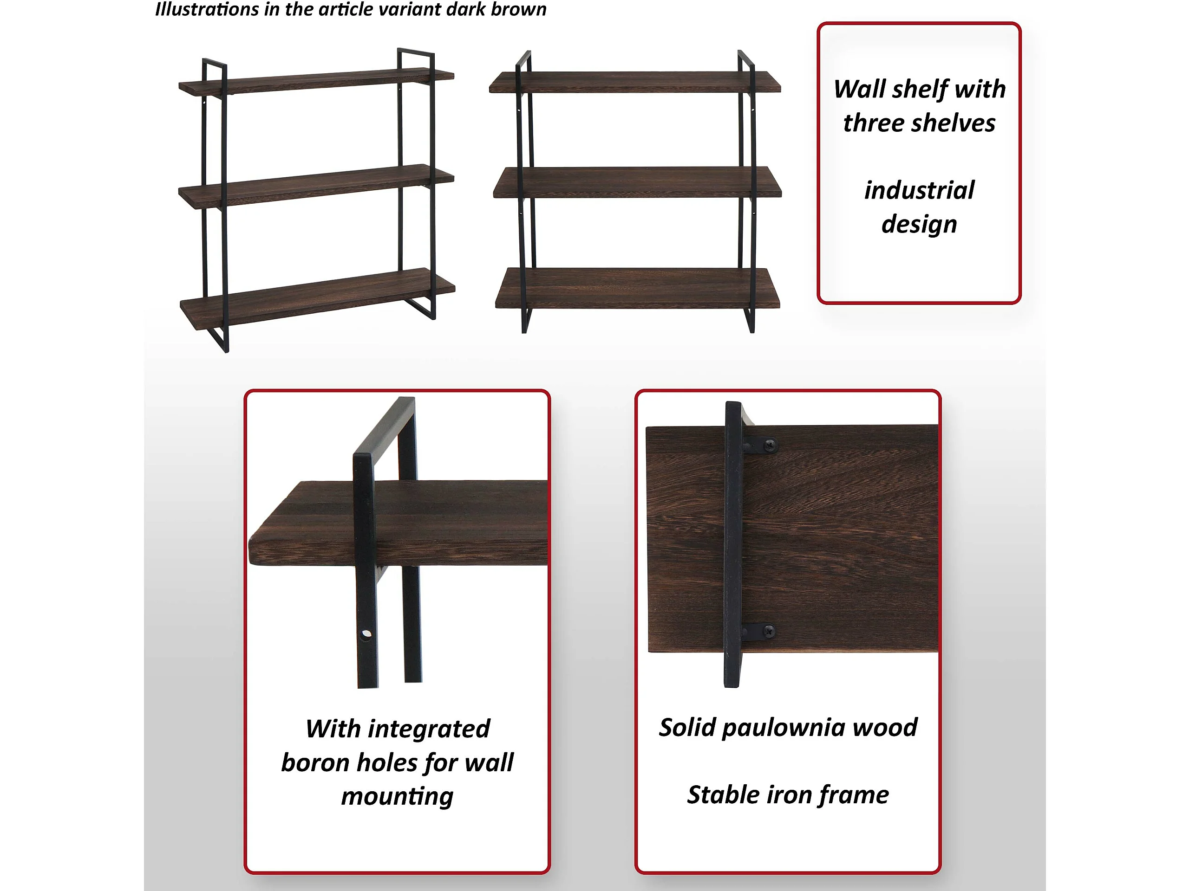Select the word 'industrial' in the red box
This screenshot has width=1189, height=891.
point(919,190)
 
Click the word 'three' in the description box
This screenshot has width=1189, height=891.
point(874,123)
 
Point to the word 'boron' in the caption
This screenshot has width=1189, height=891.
point(315,762)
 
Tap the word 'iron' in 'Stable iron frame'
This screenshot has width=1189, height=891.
point(789,795)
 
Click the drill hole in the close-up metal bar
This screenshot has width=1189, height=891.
point(366,634)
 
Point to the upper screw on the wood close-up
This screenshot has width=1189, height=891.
point(770,444)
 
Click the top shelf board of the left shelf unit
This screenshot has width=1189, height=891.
point(316,82)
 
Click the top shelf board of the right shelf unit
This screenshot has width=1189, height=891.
point(635,82)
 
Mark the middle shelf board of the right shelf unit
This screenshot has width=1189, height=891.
point(638,182)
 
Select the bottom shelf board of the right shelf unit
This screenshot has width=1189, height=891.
point(638,288)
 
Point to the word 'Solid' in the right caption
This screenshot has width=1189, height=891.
point(687,727)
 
